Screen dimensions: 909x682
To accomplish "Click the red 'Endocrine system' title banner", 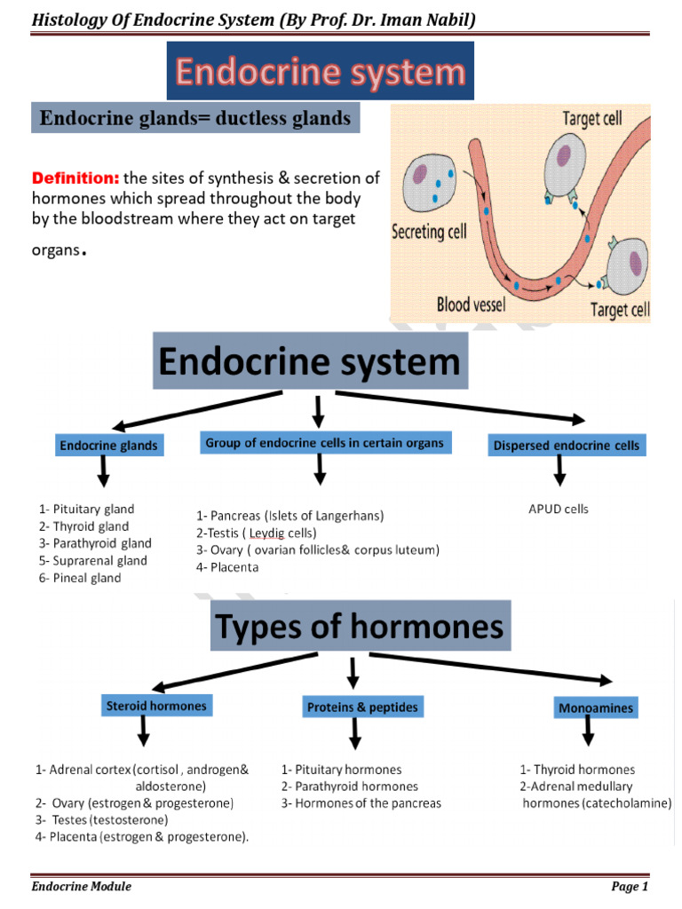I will click(x=320, y=72).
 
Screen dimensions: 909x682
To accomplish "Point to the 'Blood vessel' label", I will click(x=471, y=304).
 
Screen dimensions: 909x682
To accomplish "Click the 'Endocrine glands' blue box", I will click(x=108, y=446).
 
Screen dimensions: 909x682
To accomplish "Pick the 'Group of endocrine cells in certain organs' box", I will click(x=325, y=442).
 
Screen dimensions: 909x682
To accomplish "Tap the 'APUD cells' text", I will click(x=558, y=510).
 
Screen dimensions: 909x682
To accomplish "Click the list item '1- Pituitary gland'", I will click(x=86, y=510).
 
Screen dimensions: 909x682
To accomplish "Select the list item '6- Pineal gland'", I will click(x=80, y=578).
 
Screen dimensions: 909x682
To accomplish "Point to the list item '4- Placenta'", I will click(x=227, y=567).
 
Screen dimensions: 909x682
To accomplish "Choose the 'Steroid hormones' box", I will click(x=156, y=707).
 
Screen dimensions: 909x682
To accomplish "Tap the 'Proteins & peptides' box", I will click(x=361, y=707).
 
